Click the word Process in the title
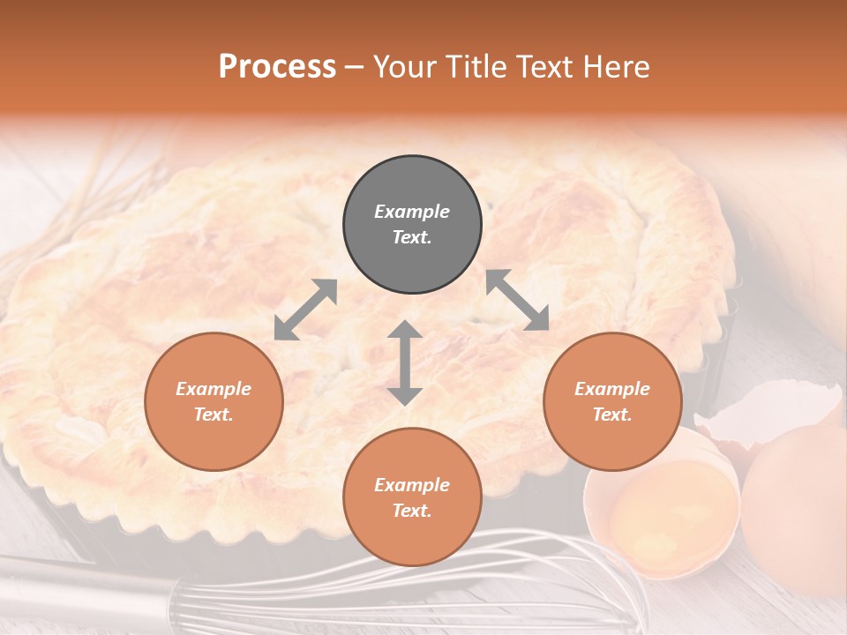pyautogui.click(x=277, y=67)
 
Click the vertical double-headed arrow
pyautogui.click(x=404, y=362)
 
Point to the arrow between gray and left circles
pyautogui.click(x=305, y=310)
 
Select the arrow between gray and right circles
pyautogui.click(x=517, y=300)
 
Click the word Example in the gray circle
pyautogui.click(x=412, y=212)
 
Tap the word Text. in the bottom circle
pyautogui.click(x=412, y=512)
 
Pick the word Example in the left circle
pyautogui.click(x=214, y=389)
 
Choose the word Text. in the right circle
pyautogui.click(x=612, y=415)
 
